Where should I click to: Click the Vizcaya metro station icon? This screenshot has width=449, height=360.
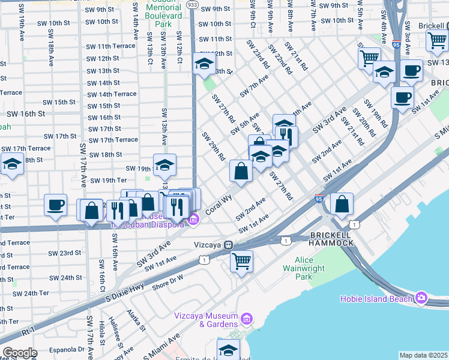point(228,245)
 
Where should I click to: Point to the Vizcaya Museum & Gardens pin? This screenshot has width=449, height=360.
point(246,317)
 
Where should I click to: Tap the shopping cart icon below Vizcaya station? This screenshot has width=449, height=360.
point(241,261)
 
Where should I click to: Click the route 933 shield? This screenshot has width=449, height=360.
point(192,5)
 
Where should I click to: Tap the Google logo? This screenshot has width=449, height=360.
point(20,353)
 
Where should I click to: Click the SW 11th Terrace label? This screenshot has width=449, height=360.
point(111,46)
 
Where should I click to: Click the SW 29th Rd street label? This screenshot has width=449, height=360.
point(213,147)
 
